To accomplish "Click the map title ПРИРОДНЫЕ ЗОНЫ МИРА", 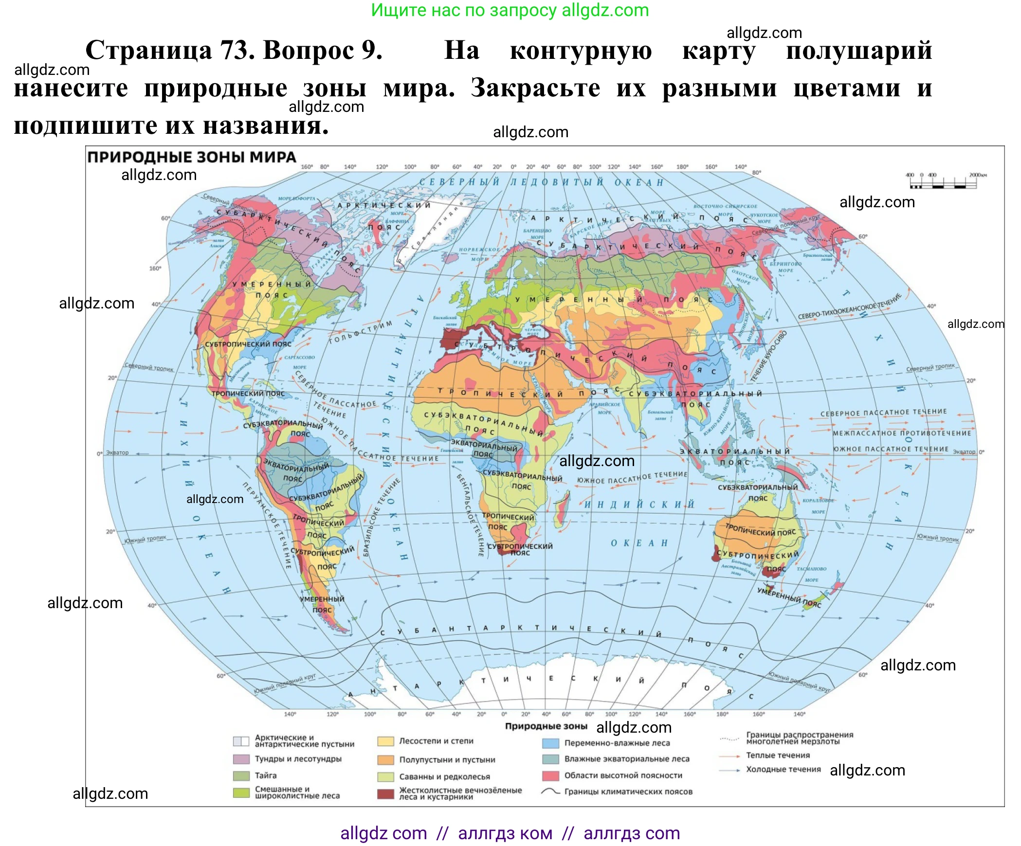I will pos(191,157).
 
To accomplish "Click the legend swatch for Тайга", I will pos(241,775).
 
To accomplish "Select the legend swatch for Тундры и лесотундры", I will pos(241,759).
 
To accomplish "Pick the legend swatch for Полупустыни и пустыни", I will pos(385,759).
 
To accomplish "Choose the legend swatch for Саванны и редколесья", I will pos(385,776).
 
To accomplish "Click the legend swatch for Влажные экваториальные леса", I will pos(550,759).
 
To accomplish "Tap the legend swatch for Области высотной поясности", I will pos(550,775).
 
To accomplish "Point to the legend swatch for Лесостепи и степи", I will pos(385,741).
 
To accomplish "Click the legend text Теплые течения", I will pos(778,756).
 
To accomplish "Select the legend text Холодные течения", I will pos(783,769).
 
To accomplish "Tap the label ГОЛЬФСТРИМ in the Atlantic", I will pos(360,332).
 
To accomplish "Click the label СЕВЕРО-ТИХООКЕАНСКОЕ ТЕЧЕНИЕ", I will pos(850,306).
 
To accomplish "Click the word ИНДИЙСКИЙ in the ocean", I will pos(639,504).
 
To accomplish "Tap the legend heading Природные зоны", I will pos(546,726).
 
